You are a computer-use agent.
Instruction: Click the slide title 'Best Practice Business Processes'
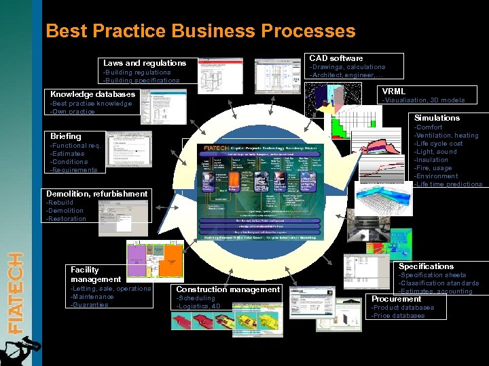click(200, 31)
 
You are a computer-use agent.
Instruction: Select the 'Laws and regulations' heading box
click(145, 63)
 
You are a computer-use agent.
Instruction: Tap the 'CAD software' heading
click(336, 58)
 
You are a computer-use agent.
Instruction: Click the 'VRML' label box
click(394, 91)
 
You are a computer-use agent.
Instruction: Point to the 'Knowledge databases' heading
click(93, 94)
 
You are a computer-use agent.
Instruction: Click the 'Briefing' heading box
click(66, 136)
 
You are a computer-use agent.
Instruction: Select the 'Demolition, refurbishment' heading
click(96, 194)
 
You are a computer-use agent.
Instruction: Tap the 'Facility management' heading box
click(96, 274)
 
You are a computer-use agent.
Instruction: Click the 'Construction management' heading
click(228, 289)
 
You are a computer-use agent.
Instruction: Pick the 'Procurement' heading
click(396, 299)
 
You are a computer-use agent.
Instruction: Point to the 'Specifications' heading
click(426, 266)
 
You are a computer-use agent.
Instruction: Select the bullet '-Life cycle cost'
click(439, 144)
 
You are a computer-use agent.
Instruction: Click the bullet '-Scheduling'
click(196, 298)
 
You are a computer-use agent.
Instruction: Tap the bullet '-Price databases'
click(398, 315)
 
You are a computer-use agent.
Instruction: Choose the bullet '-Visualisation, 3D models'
click(424, 100)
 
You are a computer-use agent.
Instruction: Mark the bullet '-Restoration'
click(66, 219)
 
